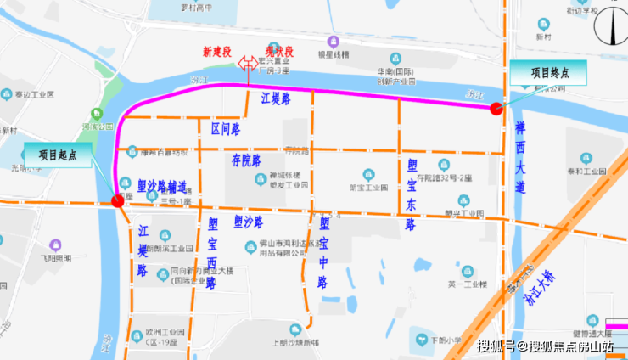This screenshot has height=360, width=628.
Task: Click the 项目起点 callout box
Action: pyautogui.click(x=58, y=155)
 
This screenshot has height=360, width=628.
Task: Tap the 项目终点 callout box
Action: pyautogui.click(x=550, y=73)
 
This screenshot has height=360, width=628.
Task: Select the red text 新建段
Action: pyautogui.click(x=217, y=52)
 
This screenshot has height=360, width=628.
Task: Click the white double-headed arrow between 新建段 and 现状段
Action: pyautogui.click(x=249, y=64)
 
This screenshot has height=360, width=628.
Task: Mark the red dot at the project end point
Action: pyautogui.click(x=496, y=107)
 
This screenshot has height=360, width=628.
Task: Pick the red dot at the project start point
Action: pyautogui.click(x=117, y=200)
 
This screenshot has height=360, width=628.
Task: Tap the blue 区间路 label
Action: pyautogui.click(x=225, y=128)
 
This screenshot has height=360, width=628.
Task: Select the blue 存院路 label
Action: pyautogui.click(x=246, y=160)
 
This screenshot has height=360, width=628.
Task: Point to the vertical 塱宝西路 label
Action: pyautogui.click(x=211, y=253)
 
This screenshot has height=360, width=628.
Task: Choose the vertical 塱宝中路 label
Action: pyautogui.click(x=323, y=252)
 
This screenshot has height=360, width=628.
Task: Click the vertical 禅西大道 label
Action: pyautogui.click(x=519, y=158)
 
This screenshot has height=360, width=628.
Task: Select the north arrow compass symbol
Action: pyautogui.click(x=608, y=25)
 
